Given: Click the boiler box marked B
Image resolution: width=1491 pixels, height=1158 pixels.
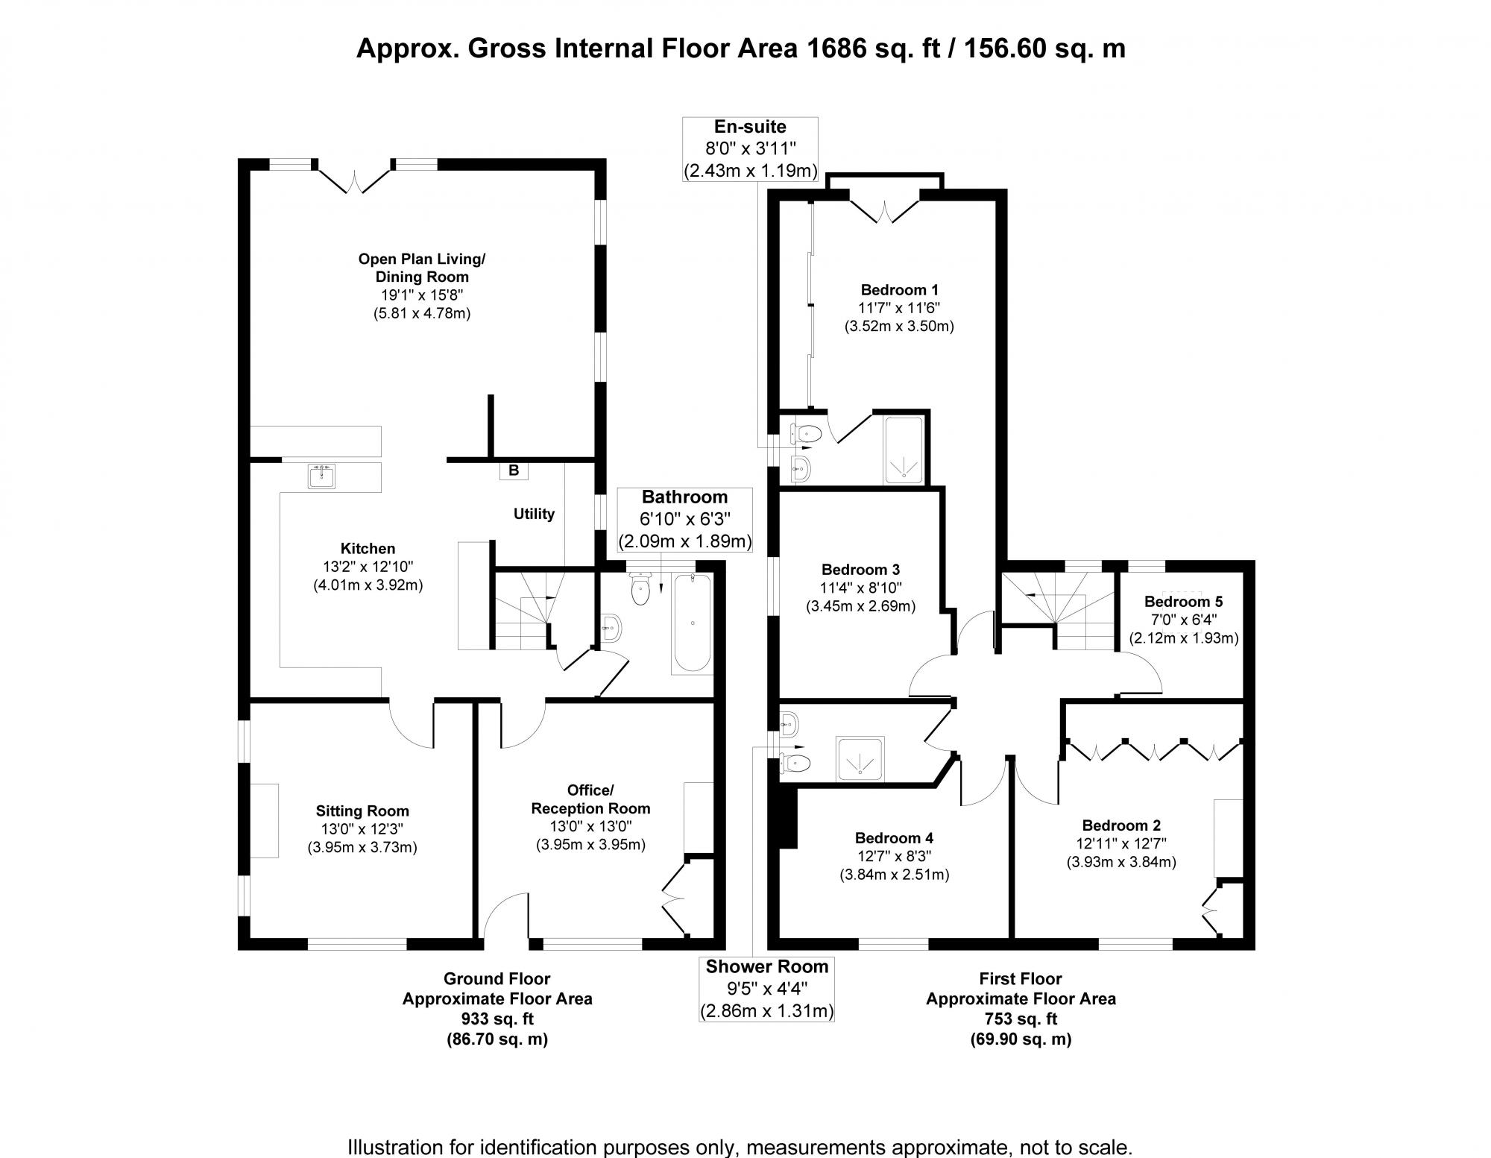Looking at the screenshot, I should [514, 471].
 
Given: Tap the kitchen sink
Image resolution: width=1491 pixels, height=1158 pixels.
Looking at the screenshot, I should [322, 476].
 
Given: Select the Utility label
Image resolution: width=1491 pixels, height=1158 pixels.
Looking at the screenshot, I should [534, 514].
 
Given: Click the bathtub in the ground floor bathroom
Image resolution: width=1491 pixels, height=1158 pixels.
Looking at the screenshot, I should [693, 623].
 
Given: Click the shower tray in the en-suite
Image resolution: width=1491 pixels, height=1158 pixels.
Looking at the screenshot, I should [904, 450].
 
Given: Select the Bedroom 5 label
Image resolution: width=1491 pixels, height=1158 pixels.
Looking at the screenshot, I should [1183, 602].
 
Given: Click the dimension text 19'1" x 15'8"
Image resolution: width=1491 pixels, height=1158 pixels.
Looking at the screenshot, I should [422, 295].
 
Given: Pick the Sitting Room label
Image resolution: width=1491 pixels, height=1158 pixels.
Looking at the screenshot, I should [362, 811].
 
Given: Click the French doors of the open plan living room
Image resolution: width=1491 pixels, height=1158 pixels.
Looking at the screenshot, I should [354, 180].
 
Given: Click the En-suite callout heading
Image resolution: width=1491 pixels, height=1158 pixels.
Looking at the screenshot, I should [750, 127].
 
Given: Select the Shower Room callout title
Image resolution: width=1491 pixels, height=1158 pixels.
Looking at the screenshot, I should [767, 966].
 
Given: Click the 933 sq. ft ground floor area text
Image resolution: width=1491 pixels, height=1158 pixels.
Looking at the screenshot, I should [497, 1019].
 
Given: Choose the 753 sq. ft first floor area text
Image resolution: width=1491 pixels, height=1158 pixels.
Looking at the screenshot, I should [1021, 1019].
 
